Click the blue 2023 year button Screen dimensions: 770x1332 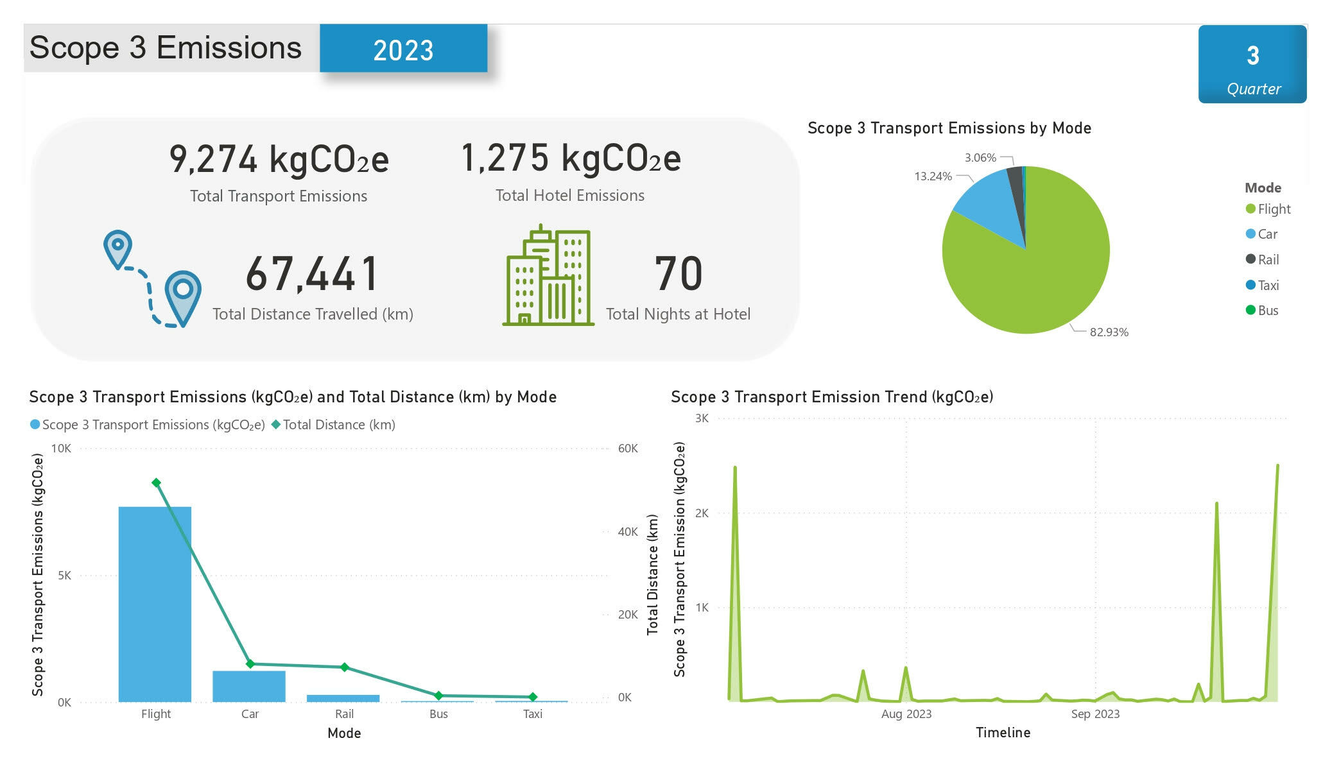[x=403, y=49]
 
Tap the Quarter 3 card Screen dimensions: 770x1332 [x=1252, y=64]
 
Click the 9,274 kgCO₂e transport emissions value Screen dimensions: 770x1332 [x=279, y=159]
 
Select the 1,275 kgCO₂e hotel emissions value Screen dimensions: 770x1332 [x=571, y=158]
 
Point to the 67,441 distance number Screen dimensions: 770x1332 [x=312, y=274]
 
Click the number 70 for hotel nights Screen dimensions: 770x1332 [x=678, y=274]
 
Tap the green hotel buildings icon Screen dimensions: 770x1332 [x=548, y=276]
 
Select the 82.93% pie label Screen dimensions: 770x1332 [x=1109, y=332]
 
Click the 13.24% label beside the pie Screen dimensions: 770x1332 [x=933, y=176]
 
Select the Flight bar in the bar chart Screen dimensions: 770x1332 [x=155, y=603]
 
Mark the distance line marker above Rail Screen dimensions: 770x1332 [x=344, y=667]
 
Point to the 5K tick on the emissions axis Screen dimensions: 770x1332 [x=64, y=576]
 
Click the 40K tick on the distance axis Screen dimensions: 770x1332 [x=627, y=532]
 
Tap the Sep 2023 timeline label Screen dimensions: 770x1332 [x=1095, y=714]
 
